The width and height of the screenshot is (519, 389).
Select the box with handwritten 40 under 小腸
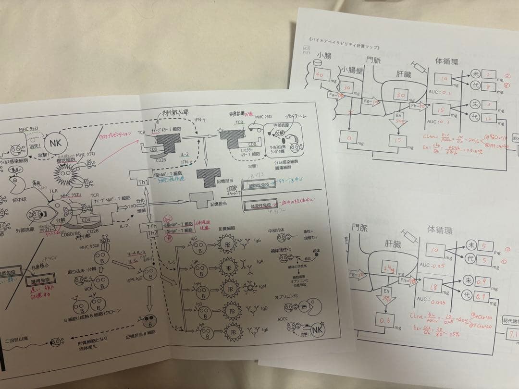pos(321,74)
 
